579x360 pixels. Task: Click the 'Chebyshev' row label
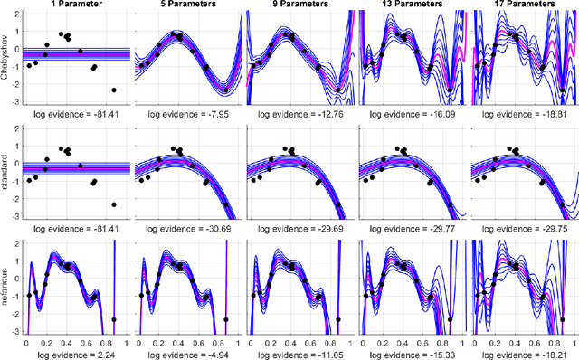click(x=6, y=60)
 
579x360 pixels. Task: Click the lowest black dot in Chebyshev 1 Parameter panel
click(x=114, y=90)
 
